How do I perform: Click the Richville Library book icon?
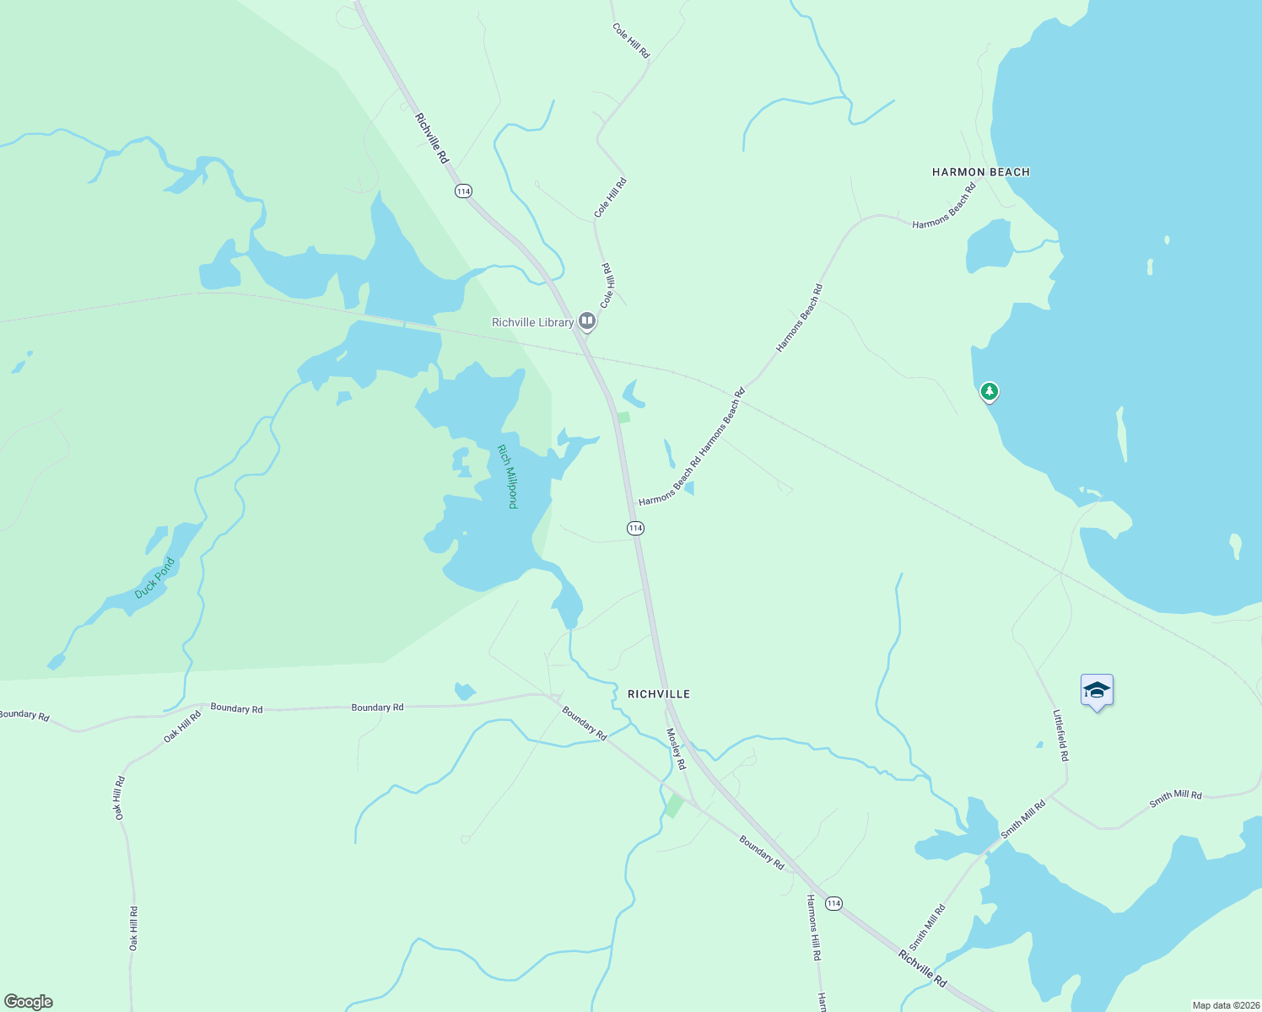[x=587, y=321]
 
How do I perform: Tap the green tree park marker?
[x=990, y=392]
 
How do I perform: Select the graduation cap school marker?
[x=1097, y=691]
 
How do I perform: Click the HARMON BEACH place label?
[x=980, y=172]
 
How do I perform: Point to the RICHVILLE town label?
[x=659, y=694]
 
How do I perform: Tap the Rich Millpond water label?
[x=507, y=476]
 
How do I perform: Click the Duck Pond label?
[x=154, y=578]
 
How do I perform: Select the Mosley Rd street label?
[x=677, y=749]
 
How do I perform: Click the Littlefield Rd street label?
[x=1060, y=735]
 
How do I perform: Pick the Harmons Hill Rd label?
[x=813, y=928]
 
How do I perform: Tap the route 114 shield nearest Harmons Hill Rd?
[x=833, y=903]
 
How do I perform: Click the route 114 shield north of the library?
[x=463, y=191]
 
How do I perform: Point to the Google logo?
[x=29, y=1002]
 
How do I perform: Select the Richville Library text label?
[x=532, y=322]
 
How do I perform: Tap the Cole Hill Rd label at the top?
[x=631, y=40]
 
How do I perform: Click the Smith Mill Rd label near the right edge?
[x=1175, y=799]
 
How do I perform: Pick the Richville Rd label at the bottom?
[x=922, y=969]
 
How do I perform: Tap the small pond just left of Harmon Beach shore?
[x=989, y=245]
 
